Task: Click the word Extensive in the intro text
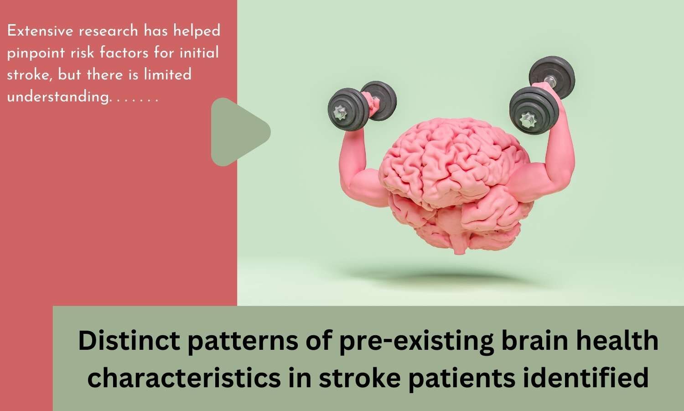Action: (x=40, y=31)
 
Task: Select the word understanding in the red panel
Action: (x=58, y=97)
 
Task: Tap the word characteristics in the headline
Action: (x=184, y=377)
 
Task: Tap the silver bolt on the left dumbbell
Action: (x=340, y=112)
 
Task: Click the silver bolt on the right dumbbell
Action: (x=528, y=120)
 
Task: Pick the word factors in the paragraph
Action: (x=124, y=53)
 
